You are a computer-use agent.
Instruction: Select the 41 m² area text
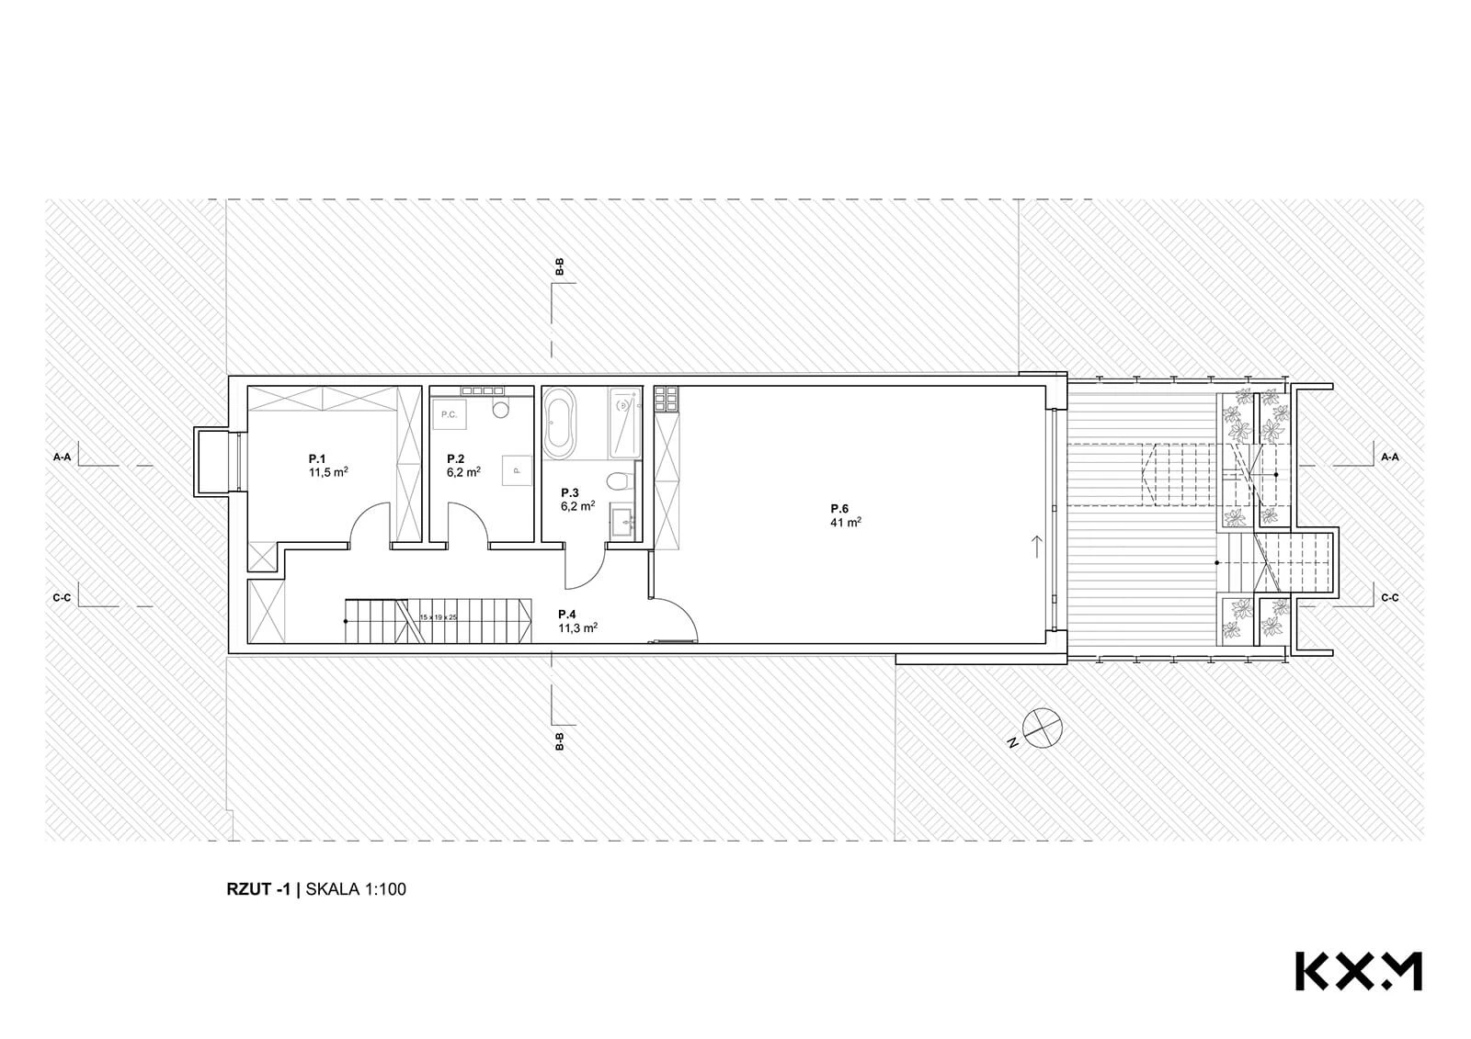pyautogui.click(x=846, y=522)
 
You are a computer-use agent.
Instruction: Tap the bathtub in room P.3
pyautogui.click(x=559, y=424)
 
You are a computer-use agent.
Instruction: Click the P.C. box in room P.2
pyautogui.click(x=450, y=414)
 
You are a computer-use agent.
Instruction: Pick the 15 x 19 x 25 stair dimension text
pyautogui.click(x=439, y=617)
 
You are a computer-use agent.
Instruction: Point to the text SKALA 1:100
pyautogui.click(x=356, y=889)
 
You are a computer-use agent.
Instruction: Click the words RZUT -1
pyautogui.click(x=258, y=889)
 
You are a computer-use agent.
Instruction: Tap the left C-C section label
pyautogui.click(x=63, y=598)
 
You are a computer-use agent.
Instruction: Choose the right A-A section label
pyautogui.click(x=1390, y=457)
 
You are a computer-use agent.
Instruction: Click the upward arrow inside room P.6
pyautogui.click(x=1037, y=547)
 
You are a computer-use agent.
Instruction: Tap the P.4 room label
pyautogui.click(x=567, y=615)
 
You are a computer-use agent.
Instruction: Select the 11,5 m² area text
pyautogui.click(x=328, y=472)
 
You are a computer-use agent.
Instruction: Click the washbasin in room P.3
pyautogui.click(x=628, y=523)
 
